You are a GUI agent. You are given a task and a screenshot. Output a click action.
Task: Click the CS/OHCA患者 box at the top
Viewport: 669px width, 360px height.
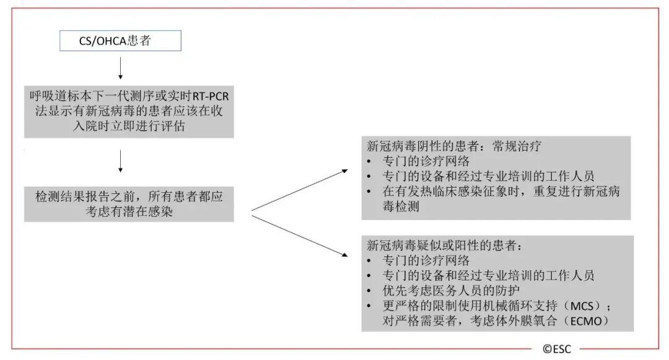point(120,40)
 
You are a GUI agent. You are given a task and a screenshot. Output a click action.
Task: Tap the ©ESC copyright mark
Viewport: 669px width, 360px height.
point(557,349)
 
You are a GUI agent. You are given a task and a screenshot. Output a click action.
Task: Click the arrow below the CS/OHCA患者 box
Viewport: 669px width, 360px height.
point(120,68)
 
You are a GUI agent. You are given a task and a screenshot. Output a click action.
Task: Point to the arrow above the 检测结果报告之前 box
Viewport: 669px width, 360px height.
point(120,161)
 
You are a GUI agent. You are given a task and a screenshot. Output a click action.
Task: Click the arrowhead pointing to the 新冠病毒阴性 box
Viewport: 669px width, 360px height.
point(345,171)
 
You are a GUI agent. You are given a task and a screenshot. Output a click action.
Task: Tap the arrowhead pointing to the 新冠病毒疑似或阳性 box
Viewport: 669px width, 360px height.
point(345,255)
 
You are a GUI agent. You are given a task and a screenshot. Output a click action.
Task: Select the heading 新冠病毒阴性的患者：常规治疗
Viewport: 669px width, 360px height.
point(454,146)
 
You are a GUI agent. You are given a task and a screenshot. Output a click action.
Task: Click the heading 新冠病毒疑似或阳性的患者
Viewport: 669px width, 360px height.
point(445,245)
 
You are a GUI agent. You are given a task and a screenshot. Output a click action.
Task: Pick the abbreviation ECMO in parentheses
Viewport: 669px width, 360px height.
point(586,321)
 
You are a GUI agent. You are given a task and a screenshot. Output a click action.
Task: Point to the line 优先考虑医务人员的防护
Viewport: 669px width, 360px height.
point(451,291)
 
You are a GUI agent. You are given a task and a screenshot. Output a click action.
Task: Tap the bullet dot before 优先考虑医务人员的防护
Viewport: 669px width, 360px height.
point(369,291)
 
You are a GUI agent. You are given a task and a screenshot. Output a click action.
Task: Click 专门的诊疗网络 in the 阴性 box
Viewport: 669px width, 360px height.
point(426,161)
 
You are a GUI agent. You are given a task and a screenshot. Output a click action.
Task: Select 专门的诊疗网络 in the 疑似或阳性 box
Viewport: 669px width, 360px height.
point(426,261)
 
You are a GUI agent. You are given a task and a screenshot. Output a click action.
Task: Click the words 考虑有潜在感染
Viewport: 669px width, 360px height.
point(129,211)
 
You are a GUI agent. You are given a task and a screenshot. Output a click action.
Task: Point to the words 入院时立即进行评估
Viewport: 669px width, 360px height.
point(129,126)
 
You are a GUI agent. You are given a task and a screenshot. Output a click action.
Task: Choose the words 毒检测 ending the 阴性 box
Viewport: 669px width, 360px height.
point(401,206)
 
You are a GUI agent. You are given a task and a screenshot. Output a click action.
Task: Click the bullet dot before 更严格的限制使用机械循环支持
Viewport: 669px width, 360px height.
point(369,306)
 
